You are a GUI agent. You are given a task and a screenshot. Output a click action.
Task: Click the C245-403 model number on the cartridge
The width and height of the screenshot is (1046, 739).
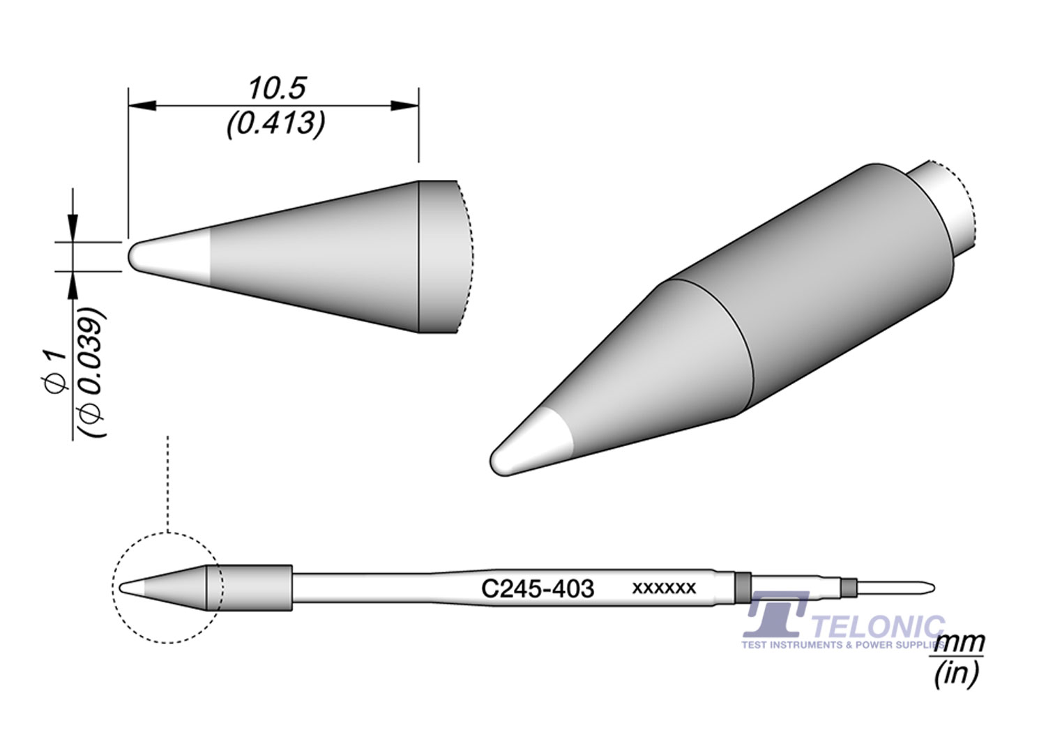538,589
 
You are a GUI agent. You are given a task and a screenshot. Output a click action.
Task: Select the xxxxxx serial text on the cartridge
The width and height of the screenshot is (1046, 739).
663,588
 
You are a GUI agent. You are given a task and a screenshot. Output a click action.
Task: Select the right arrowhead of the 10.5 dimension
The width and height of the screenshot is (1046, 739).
404,105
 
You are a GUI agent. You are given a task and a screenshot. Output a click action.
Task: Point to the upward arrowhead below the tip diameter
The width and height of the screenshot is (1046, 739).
73,285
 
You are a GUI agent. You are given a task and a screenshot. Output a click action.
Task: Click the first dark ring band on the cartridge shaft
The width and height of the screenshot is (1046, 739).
743,588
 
